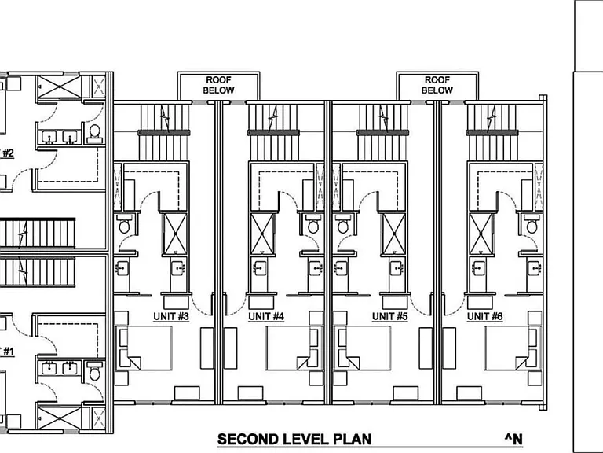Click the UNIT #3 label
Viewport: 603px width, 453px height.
pos(171,316)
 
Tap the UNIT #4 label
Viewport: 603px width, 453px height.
pos(266,316)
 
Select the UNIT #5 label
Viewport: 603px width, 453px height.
pos(390,316)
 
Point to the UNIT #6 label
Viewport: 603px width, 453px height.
pos(485,316)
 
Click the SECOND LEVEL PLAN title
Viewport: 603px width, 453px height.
pos(294,439)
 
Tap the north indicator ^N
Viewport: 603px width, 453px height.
pos(513,439)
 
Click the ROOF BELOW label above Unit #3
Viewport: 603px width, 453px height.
pos(218,85)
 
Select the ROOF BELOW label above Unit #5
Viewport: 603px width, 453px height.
pos(437,85)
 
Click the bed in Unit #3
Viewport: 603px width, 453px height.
pos(144,348)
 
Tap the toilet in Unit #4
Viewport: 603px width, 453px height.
pos(313,224)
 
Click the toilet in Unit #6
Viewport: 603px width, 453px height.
pos(532,224)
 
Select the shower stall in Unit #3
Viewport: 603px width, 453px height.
pos(175,234)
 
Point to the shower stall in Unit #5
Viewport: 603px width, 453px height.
pos(394,234)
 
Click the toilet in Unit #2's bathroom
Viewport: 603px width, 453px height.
pos(94,133)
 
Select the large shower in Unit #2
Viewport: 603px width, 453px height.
pos(60,87)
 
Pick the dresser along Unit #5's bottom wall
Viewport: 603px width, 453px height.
pos(405,393)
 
